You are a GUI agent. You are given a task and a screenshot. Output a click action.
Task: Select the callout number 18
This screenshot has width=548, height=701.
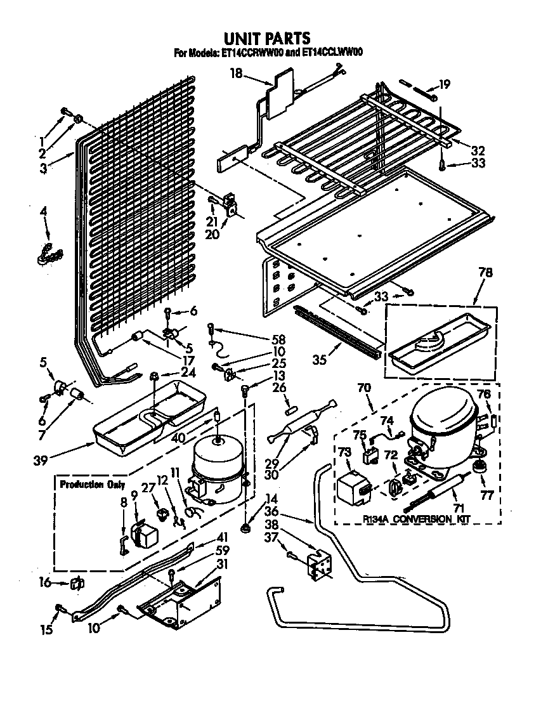click(235, 74)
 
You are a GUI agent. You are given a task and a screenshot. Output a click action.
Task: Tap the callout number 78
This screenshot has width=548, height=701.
click(485, 273)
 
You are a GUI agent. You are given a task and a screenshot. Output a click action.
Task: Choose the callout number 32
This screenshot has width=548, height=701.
click(478, 150)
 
